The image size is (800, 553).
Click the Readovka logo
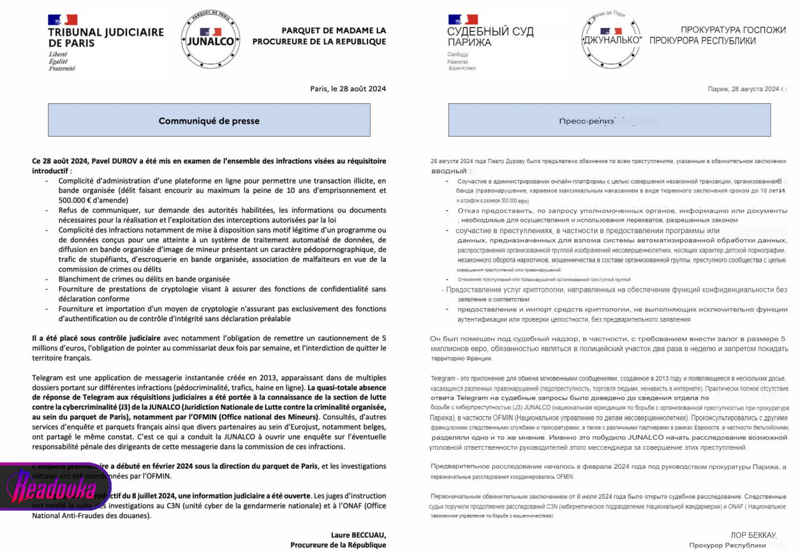click(55, 479)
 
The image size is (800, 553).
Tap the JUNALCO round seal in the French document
click(210, 37)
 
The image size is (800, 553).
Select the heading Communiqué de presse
click(209, 121)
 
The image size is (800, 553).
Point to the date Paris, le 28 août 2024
click(348, 89)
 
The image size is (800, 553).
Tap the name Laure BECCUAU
click(359, 535)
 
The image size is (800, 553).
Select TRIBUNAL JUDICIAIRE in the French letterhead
click(106, 32)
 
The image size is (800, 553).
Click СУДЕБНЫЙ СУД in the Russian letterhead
click(490, 32)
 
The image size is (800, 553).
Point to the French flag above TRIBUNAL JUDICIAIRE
click(62, 19)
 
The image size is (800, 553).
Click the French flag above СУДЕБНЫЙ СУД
click(462, 19)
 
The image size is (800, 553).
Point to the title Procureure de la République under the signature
click(338, 545)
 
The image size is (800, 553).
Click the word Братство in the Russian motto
click(462, 68)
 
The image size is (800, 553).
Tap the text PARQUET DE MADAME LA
click(334, 31)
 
